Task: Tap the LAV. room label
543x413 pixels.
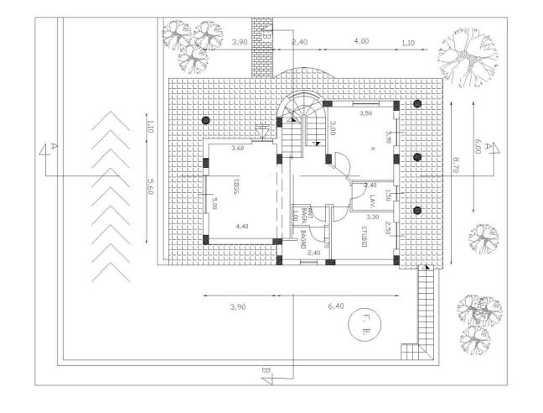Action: (370, 200)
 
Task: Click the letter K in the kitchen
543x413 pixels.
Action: (371, 149)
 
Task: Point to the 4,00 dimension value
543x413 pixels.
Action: (362, 41)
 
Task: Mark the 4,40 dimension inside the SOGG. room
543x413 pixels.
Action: (242, 227)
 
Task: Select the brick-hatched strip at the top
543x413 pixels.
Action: (264, 46)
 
